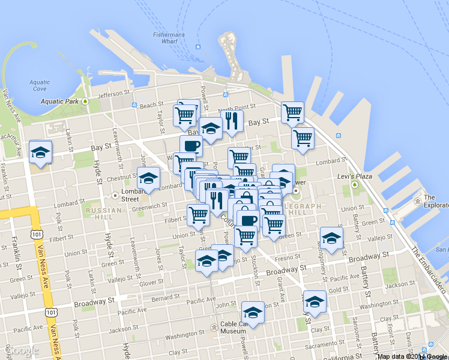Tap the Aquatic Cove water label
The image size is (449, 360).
click(x=40, y=85)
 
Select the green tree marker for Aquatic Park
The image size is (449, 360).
click(x=86, y=101)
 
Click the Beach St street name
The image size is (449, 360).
click(x=147, y=105)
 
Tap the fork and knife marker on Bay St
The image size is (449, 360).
click(x=232, y=121)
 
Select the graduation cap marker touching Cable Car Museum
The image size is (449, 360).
click(x=253, y=313)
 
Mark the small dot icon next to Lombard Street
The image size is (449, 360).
click(x=116, y=195)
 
